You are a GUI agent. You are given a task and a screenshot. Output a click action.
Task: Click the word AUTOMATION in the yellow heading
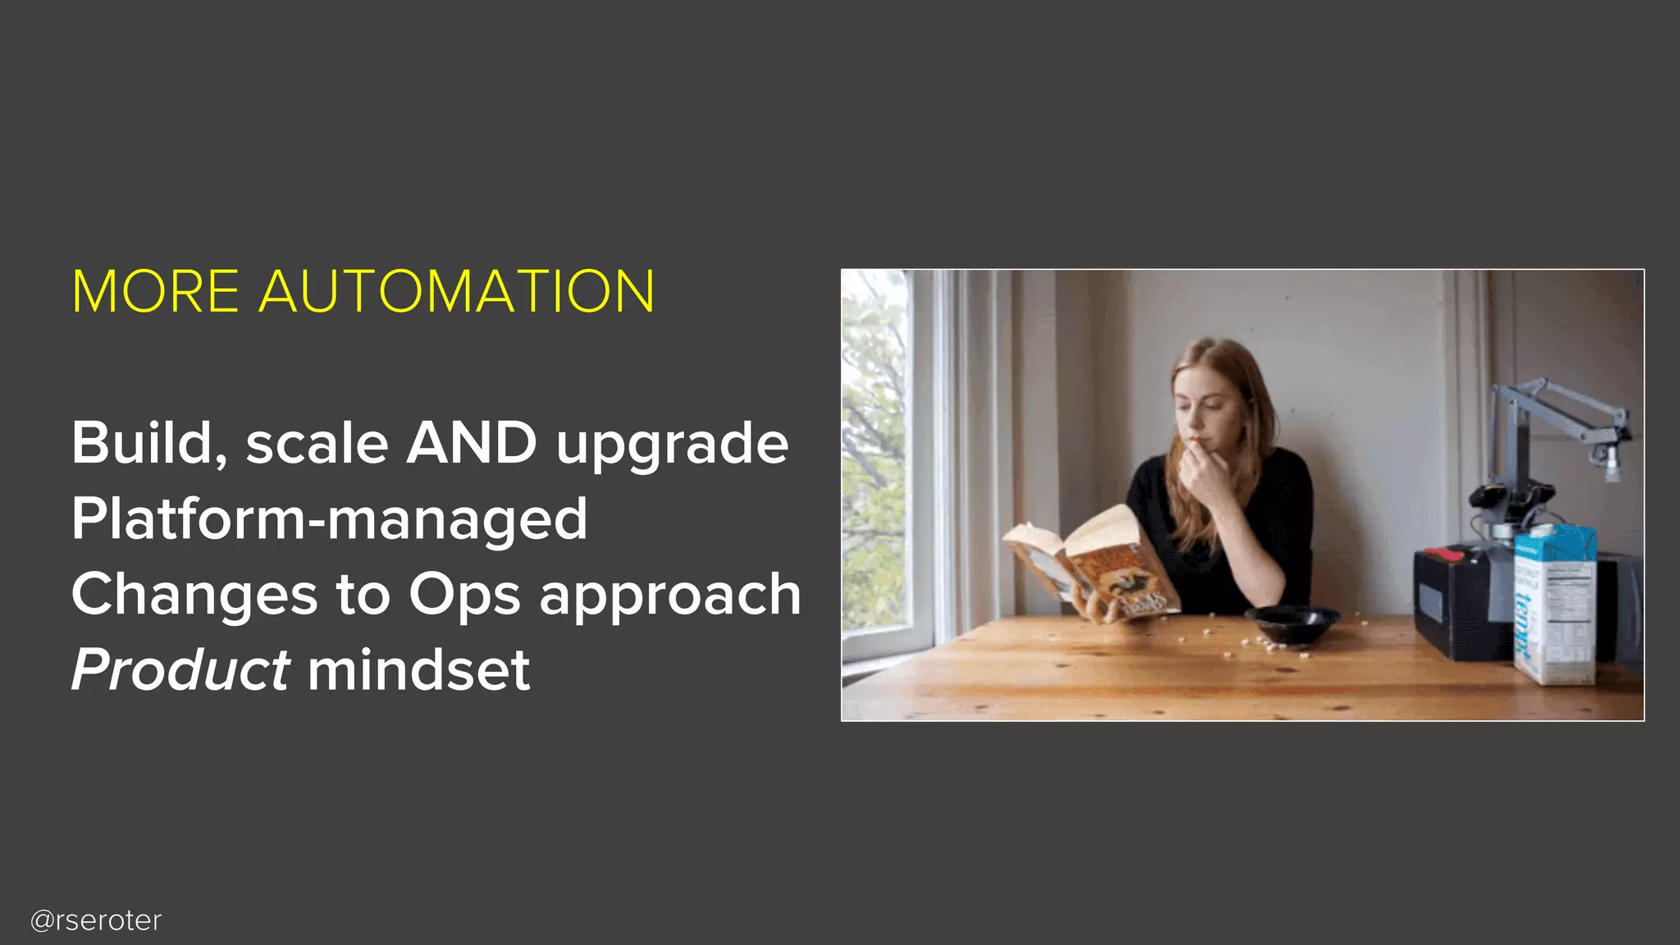tap(457, 291)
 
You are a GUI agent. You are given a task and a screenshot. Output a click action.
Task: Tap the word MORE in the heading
tap(156, 291)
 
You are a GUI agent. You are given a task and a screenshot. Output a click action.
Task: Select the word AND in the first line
tap(472, 444)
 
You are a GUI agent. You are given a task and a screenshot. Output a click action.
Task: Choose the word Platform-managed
tap(329, 519)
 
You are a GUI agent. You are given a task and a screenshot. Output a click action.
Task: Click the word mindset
tap(418, 670)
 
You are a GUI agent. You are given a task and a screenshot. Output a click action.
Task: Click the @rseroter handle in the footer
tap(96, 920)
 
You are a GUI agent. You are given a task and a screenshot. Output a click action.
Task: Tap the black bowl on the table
tap(1291, 624)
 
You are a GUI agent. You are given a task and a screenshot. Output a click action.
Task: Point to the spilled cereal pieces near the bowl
tap(1263, 644)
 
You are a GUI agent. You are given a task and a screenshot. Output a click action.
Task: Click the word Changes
tap(194, 595)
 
